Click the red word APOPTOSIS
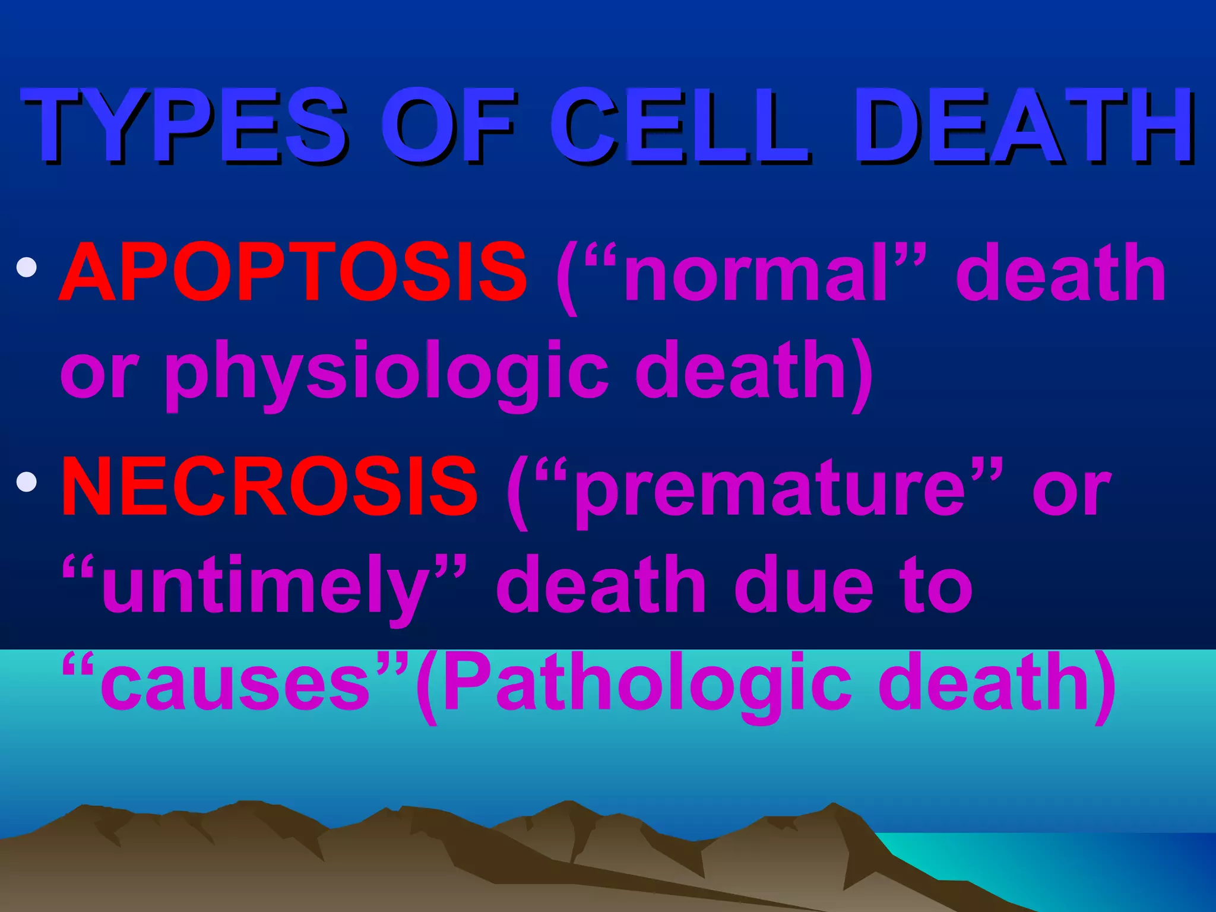pyautogui.click(x=293, y=273)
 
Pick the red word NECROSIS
pyautogui.click(x=270, y=487)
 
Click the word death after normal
pyautogui.click(x=1060, y=273)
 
